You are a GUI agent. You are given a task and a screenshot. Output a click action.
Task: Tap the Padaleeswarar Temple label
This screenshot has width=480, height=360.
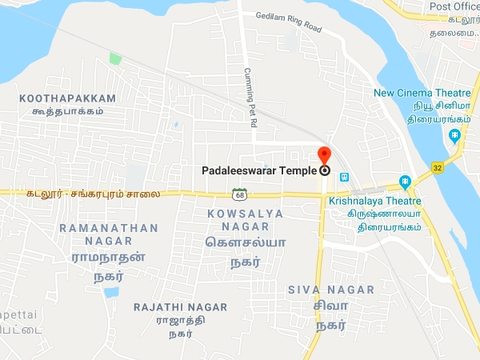point(258,170)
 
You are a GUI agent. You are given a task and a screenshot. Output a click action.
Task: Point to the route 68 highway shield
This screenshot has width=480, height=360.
point(238,194)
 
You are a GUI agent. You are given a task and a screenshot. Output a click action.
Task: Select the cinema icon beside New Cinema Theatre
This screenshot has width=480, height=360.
point(454,135)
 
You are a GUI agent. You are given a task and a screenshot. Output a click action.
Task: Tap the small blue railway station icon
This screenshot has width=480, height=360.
point(343,177)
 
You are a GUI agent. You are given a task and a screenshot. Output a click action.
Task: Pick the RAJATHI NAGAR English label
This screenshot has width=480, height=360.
point(181,307)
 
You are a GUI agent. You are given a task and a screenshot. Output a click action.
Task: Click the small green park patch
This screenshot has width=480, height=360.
point(115,58)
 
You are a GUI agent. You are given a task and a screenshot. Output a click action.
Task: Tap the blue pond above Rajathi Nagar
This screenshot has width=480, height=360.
point(111,291)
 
